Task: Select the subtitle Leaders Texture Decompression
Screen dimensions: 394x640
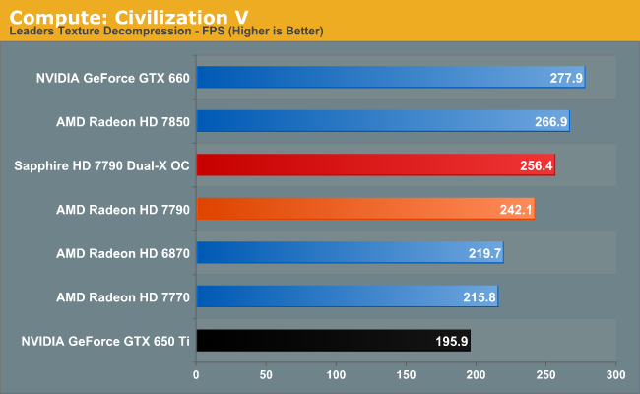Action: (x=94, y=32)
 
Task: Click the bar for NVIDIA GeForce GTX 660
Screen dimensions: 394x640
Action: (x=391, y=77)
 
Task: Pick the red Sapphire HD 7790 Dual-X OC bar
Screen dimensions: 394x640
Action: (x=375, y=164)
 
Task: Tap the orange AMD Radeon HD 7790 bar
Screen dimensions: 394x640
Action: (x=365, y=209)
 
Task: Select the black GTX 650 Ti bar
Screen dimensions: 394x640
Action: (x=333, y=341)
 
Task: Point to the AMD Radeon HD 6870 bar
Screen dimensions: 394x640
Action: (x=350, y=253)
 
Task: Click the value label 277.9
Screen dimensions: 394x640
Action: (x=565, y=77)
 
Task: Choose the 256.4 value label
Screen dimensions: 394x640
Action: (x=536, y=165)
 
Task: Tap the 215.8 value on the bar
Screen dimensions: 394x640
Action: (x=479, y=297)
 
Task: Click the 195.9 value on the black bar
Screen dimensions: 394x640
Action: (x=451, y=342)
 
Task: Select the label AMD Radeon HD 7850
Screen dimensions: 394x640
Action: (x=123, y=121)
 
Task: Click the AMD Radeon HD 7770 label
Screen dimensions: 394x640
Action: (x=123, y=297)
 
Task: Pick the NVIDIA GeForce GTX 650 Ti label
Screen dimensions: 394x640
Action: (x=105, y=342)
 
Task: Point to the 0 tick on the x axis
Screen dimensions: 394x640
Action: (x=197, y=375)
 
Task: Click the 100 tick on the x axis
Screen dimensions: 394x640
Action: (x=337, y=375)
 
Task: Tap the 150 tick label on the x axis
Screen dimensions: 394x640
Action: (x=407, y=375)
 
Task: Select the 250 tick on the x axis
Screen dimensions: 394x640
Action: (x=546, y=375)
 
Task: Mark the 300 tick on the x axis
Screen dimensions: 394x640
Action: (x=615, y=375)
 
